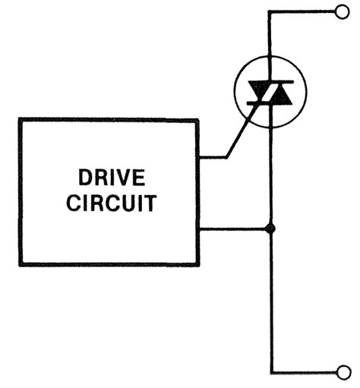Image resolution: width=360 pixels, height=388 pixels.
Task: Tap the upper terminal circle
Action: pos(340,11)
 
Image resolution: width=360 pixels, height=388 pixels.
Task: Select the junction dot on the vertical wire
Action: pos(269,228)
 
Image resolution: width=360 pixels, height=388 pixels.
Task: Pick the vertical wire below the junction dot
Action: pos(269,304)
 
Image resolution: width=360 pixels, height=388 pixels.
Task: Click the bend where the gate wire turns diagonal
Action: pos(226,157)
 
